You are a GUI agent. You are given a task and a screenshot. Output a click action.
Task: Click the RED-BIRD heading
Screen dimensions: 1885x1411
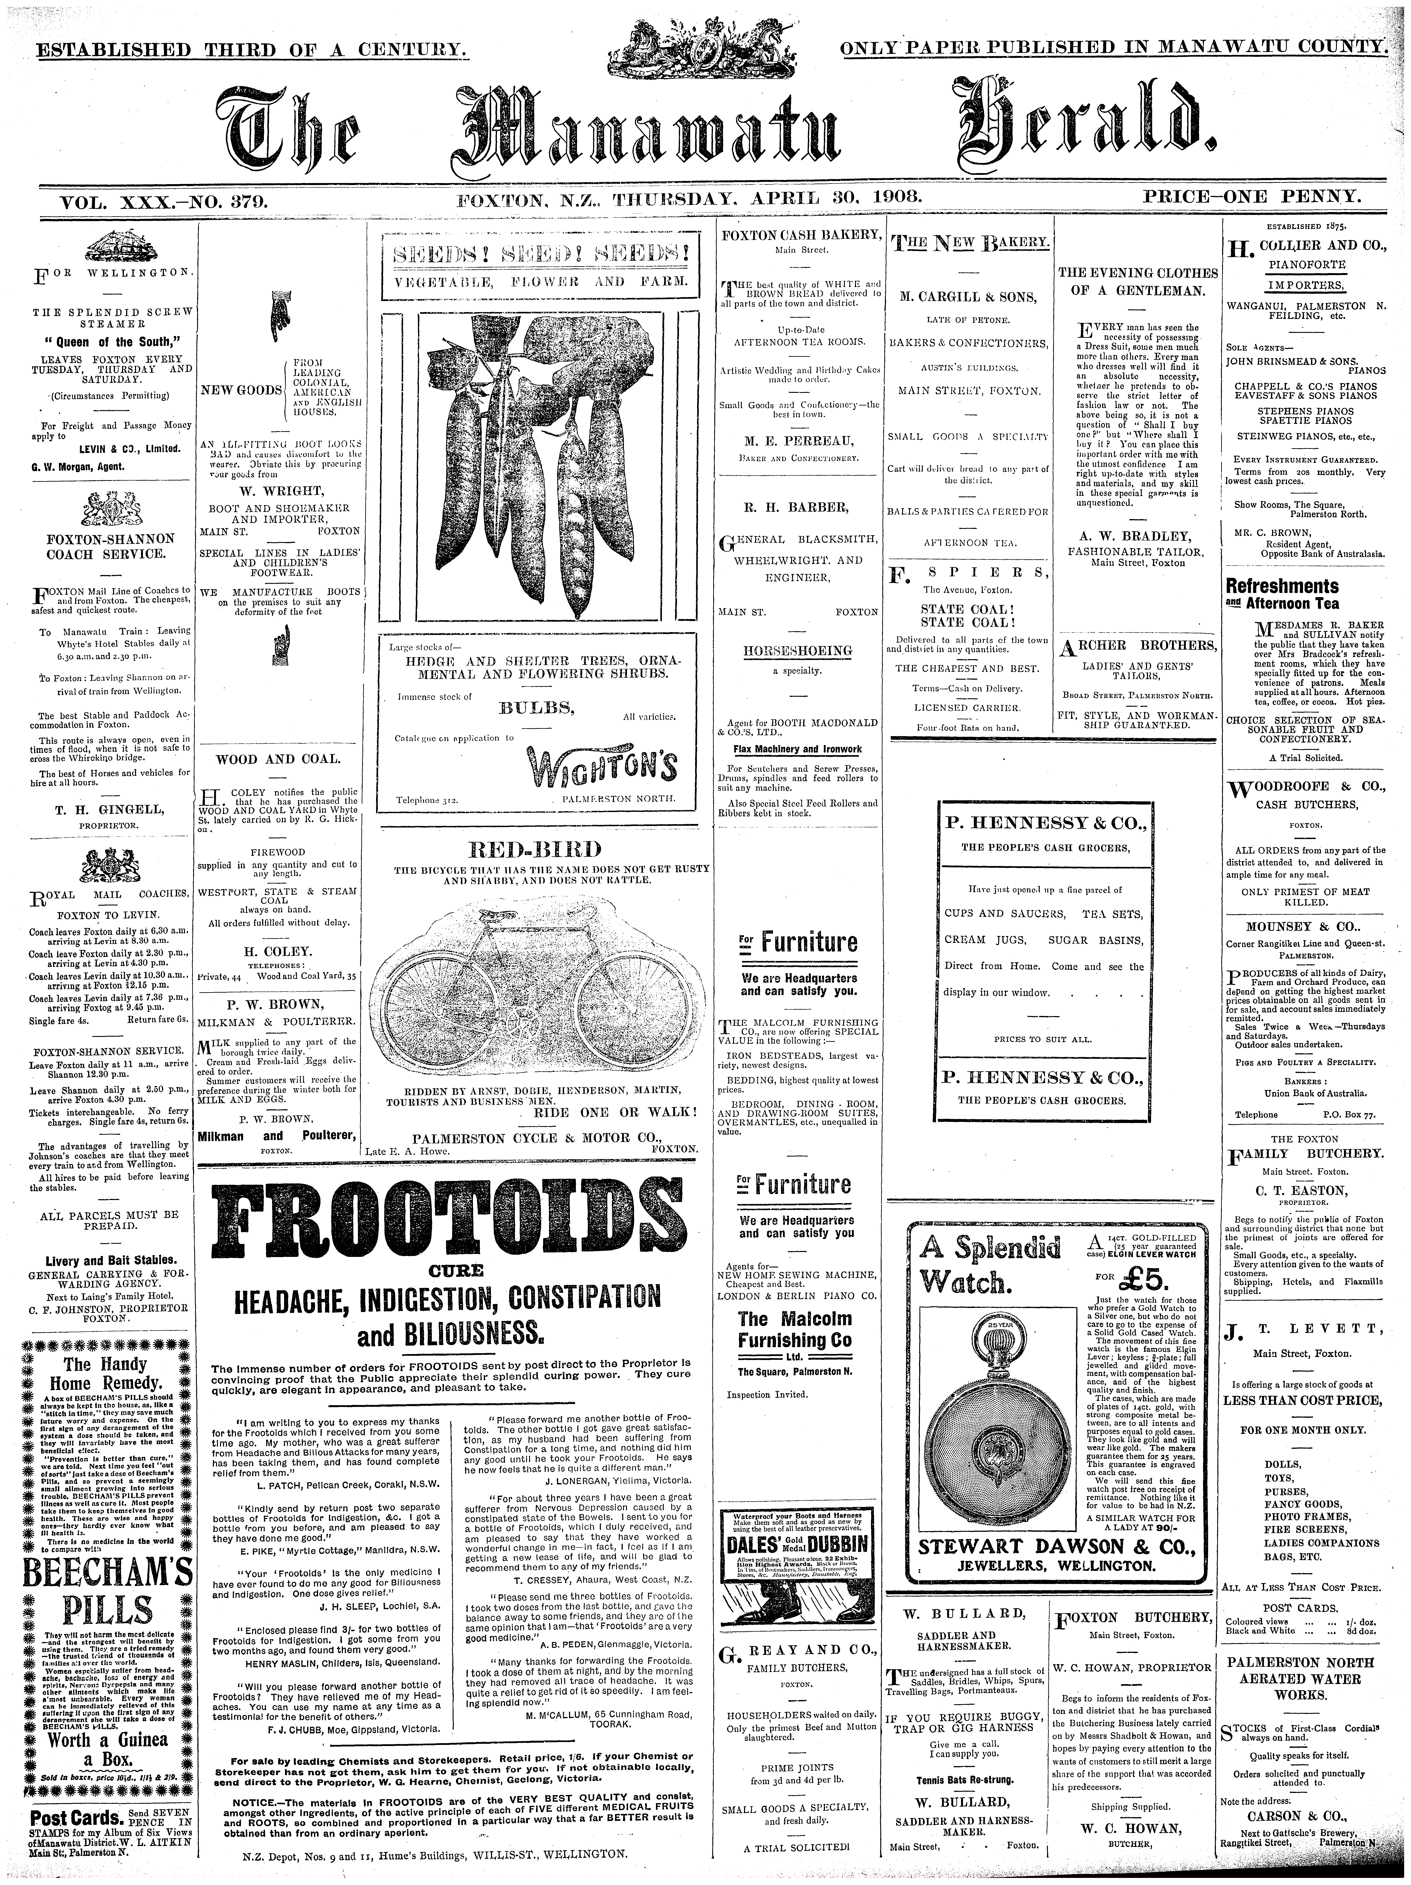point(535,849)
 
